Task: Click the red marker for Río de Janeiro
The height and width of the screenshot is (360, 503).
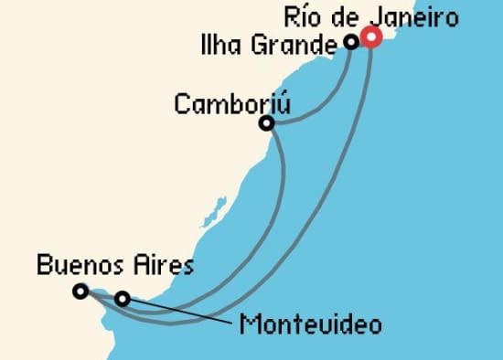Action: click(x=371, y=37)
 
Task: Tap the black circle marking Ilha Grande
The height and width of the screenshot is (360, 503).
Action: click(x=351, y=41)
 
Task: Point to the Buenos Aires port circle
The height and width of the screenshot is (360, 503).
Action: click(x=80, y=291)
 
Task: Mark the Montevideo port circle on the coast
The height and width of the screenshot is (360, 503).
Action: click(x=122, y=298)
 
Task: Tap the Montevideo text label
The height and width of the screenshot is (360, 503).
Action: click(x=309, y=324)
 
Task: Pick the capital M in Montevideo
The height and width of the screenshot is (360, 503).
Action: click(x=247, y=324)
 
